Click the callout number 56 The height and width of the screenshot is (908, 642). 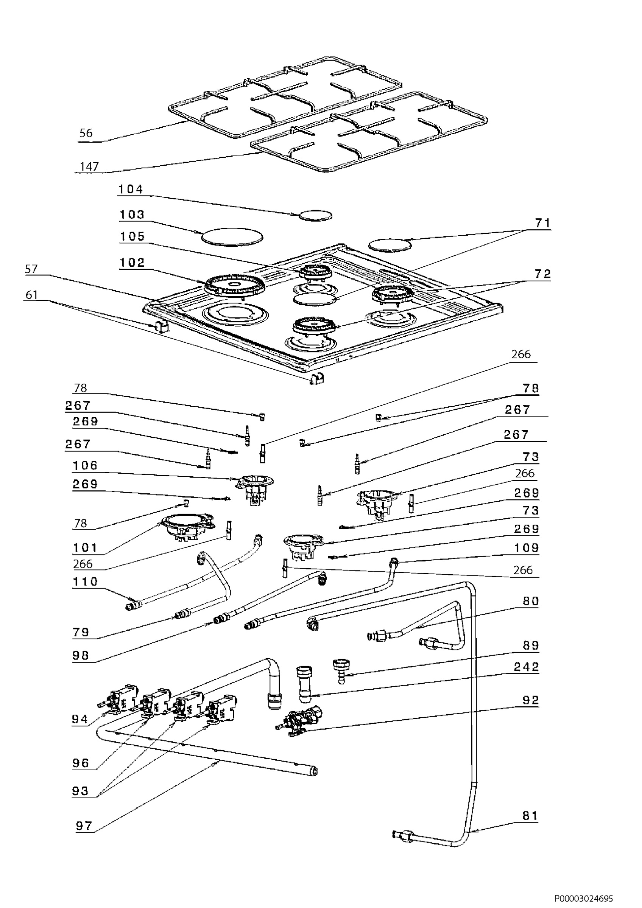point(86,133)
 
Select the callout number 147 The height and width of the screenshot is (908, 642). point(89,166)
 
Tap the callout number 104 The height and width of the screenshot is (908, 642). point(131,189)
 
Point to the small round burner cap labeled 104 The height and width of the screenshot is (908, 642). point(315,216)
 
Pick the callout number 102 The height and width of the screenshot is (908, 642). point(132,262)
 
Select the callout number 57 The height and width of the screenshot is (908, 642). point(31,269)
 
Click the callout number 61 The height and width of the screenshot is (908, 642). point(31,295)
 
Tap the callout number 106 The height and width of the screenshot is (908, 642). point(85,465)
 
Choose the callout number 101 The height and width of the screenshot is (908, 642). point(85,548)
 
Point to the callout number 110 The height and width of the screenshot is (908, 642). point(85,581)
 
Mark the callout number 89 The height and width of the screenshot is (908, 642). point(531,645)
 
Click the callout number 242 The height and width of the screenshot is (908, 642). point(527,667)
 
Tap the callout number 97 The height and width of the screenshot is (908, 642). point(84,826)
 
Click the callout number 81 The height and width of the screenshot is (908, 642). point(530,815)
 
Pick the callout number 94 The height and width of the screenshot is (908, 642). point(80,719)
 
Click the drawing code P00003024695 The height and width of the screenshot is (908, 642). point(584,899)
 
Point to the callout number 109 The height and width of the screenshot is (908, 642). point(527,548)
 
